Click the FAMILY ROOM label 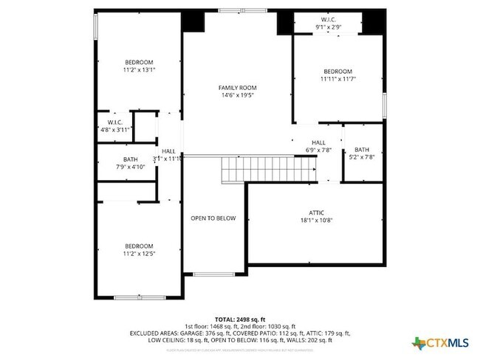coord(238,88)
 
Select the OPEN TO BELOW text coord(213,218)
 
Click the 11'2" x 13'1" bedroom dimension coord(139,70)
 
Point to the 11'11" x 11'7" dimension coord(337,78)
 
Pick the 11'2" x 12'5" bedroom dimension coord(139,254)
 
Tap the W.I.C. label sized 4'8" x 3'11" coord(114,122)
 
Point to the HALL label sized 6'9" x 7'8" coord(318,142)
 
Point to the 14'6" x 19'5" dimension coord(238,96)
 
